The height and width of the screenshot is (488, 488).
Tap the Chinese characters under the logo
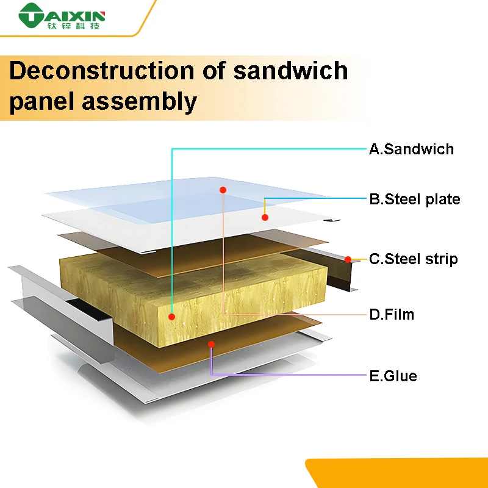pyautogui.click(x=76, y=26)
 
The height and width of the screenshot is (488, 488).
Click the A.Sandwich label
pyautogui.click(x=411, y=149)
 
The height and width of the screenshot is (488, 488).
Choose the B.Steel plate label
pyautogui.click(x=415, y=199)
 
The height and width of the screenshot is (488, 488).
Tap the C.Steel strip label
pyautogui.click(x=414, y=259)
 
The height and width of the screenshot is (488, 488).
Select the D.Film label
pyautogui.click(x=392, y=315)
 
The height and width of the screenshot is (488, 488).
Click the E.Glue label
pyautogui.click(x=393, y=375)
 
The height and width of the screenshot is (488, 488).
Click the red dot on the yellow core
pyautogui.click(x=172, y=317)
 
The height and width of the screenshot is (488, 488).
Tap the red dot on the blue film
pyautogui.click(x=223, y=190)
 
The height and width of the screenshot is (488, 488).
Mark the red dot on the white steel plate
pyautogui.click(x=265, y=217)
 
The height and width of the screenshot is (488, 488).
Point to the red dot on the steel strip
pyautogui.click(x=348, y=259)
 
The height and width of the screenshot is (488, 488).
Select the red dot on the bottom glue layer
pyautogui.click(x=211, y=344)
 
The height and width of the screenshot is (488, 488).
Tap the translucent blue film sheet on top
pyautogui.click(x=183, y=195)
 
